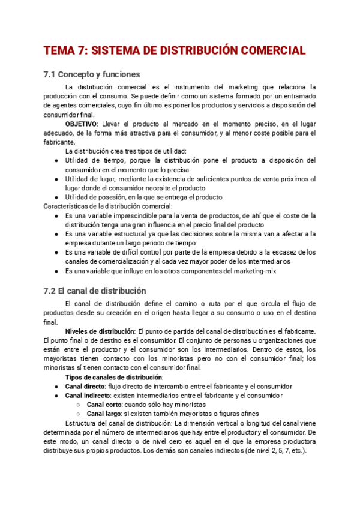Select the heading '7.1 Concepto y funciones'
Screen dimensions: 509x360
[x=92, y=75]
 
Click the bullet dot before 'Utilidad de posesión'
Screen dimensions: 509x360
[x=56, y=197]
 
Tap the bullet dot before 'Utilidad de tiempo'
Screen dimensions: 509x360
[x=56, y=161]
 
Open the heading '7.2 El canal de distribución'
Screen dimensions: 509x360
[x=95, y=291]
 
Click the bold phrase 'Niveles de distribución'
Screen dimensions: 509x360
[x=100, y=331]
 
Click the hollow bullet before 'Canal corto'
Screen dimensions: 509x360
[x=79, y=405]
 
